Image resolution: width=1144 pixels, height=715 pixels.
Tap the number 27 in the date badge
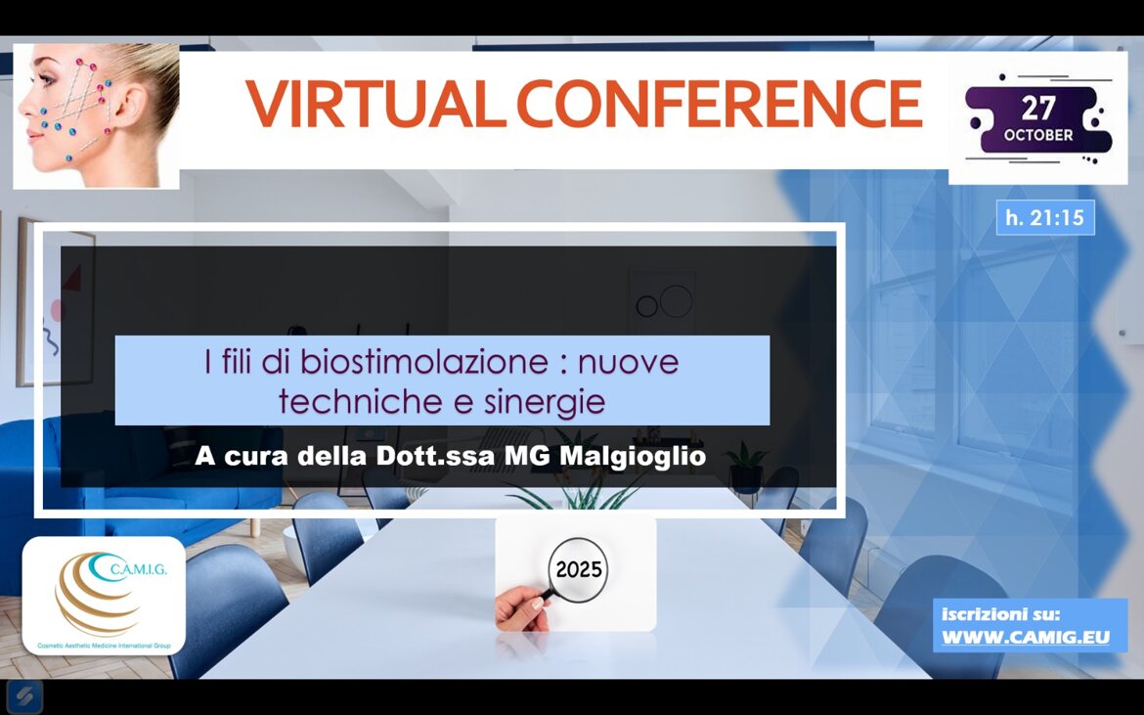tap(1037, 109)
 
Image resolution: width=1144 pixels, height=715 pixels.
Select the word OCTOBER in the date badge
tap(1038, 135)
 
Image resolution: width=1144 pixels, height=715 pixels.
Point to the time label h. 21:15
tap(1045, 217)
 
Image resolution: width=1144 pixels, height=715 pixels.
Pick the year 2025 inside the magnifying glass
tap(579, 569)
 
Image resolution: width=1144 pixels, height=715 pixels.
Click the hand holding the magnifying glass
tap(522, 609)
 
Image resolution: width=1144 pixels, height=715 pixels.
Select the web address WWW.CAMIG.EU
tap(1026, 637)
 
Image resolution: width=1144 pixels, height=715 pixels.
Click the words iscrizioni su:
tap(1000, 613)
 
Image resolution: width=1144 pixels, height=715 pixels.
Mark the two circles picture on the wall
tap(663, 302)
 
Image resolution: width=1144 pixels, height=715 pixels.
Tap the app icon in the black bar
tap(24, 696)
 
